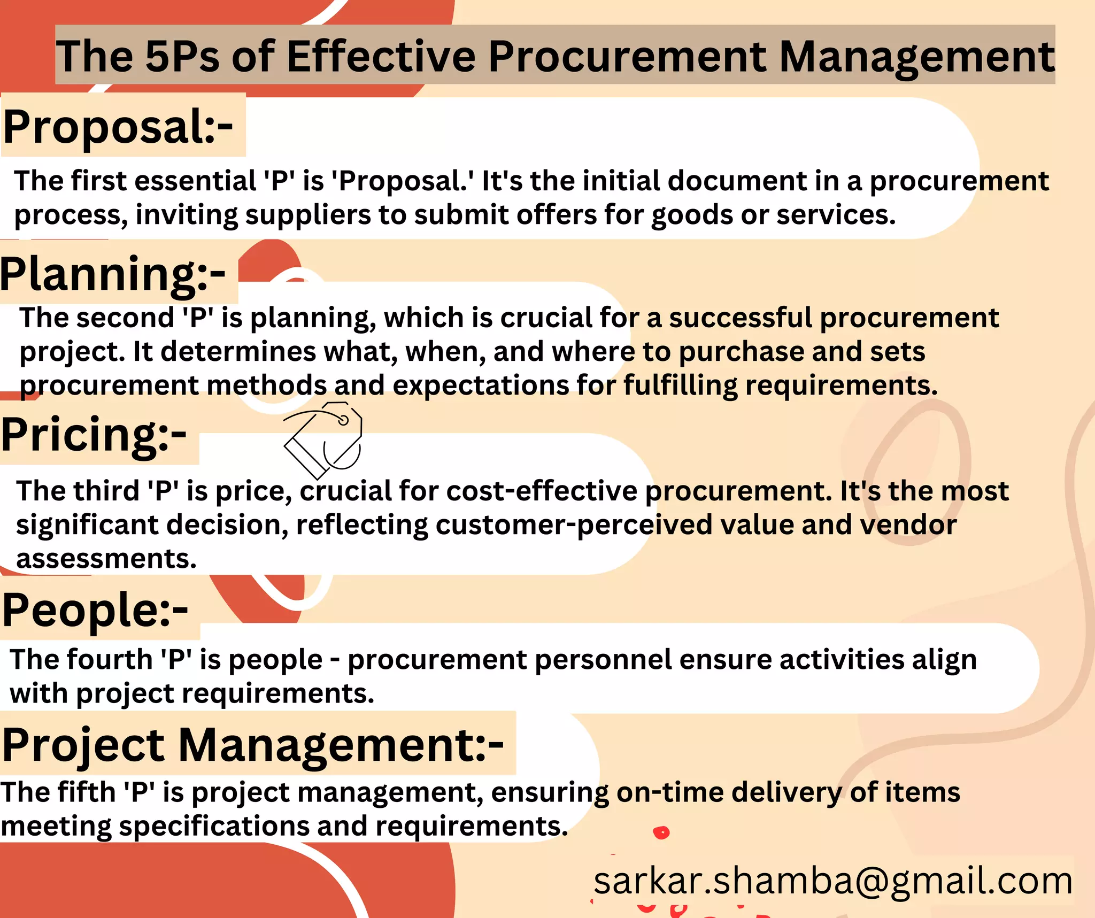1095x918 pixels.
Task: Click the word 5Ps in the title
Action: click(182, 57)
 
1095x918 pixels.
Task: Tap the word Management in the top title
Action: click(916, 57)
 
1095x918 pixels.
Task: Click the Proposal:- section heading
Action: click(118, 127)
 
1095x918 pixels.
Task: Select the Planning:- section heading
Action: click(113, 274)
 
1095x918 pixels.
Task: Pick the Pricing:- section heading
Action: click(94, 435)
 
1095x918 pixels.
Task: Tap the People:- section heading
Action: click(95, 610)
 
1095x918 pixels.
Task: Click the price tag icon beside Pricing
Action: click(323, 440)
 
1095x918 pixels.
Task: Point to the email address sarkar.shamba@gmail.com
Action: click(833, 881)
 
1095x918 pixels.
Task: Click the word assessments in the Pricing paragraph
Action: click(106, 559)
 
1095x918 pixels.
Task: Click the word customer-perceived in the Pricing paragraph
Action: click(574, 525)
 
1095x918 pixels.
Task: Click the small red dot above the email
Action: click(661, 832)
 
